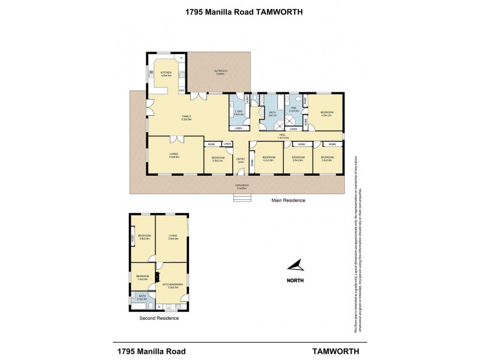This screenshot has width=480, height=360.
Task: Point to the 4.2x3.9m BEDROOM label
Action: pos(268,159)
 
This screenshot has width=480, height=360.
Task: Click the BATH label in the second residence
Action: pos(142,297)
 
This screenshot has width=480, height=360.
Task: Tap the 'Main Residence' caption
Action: pos(289,200)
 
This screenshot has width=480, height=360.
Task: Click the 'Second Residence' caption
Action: pos(158,318)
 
